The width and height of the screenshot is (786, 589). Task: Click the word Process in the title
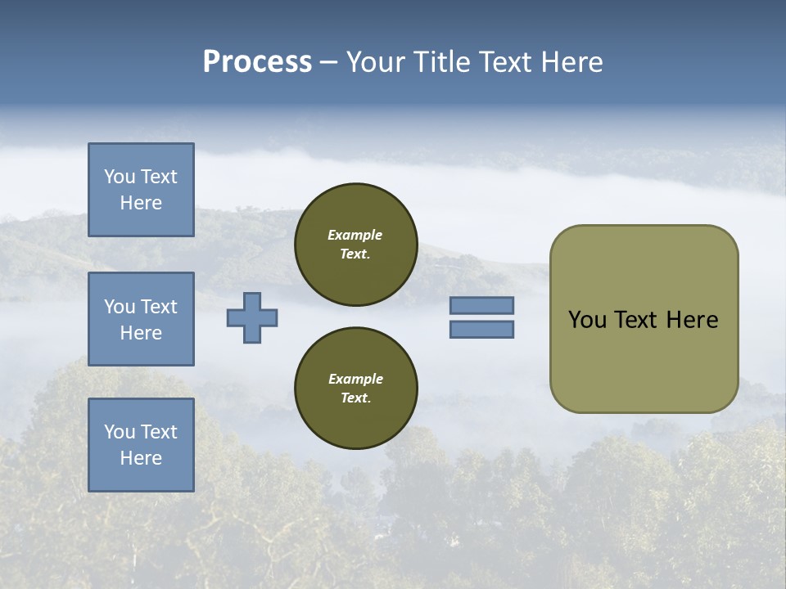point(257,62)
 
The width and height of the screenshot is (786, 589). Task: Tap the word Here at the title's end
point(571,62)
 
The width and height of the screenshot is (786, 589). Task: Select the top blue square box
point(141,190)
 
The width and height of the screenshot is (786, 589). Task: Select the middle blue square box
point(141,319)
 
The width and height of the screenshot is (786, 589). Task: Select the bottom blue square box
point(141,444)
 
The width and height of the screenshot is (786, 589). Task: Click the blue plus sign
point(252,317)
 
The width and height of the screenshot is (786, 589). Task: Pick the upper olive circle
point(356,245)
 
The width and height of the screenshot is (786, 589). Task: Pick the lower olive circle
point(356,389)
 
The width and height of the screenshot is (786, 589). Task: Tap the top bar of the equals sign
point(481,306)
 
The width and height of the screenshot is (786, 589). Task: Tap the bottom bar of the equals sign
point(481,329)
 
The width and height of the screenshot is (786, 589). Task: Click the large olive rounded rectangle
point(644,318)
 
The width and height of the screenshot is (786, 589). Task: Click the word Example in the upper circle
point(355,235)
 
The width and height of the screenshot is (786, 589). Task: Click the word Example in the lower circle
point(355,379)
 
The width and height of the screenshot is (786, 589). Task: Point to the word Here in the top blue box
point(141,203)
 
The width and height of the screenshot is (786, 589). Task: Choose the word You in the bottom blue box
point(120,432)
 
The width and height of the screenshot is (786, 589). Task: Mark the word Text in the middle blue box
point(158,307)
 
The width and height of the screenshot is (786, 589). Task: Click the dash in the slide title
point(328,62)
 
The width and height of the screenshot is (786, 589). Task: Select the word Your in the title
point(377,62)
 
